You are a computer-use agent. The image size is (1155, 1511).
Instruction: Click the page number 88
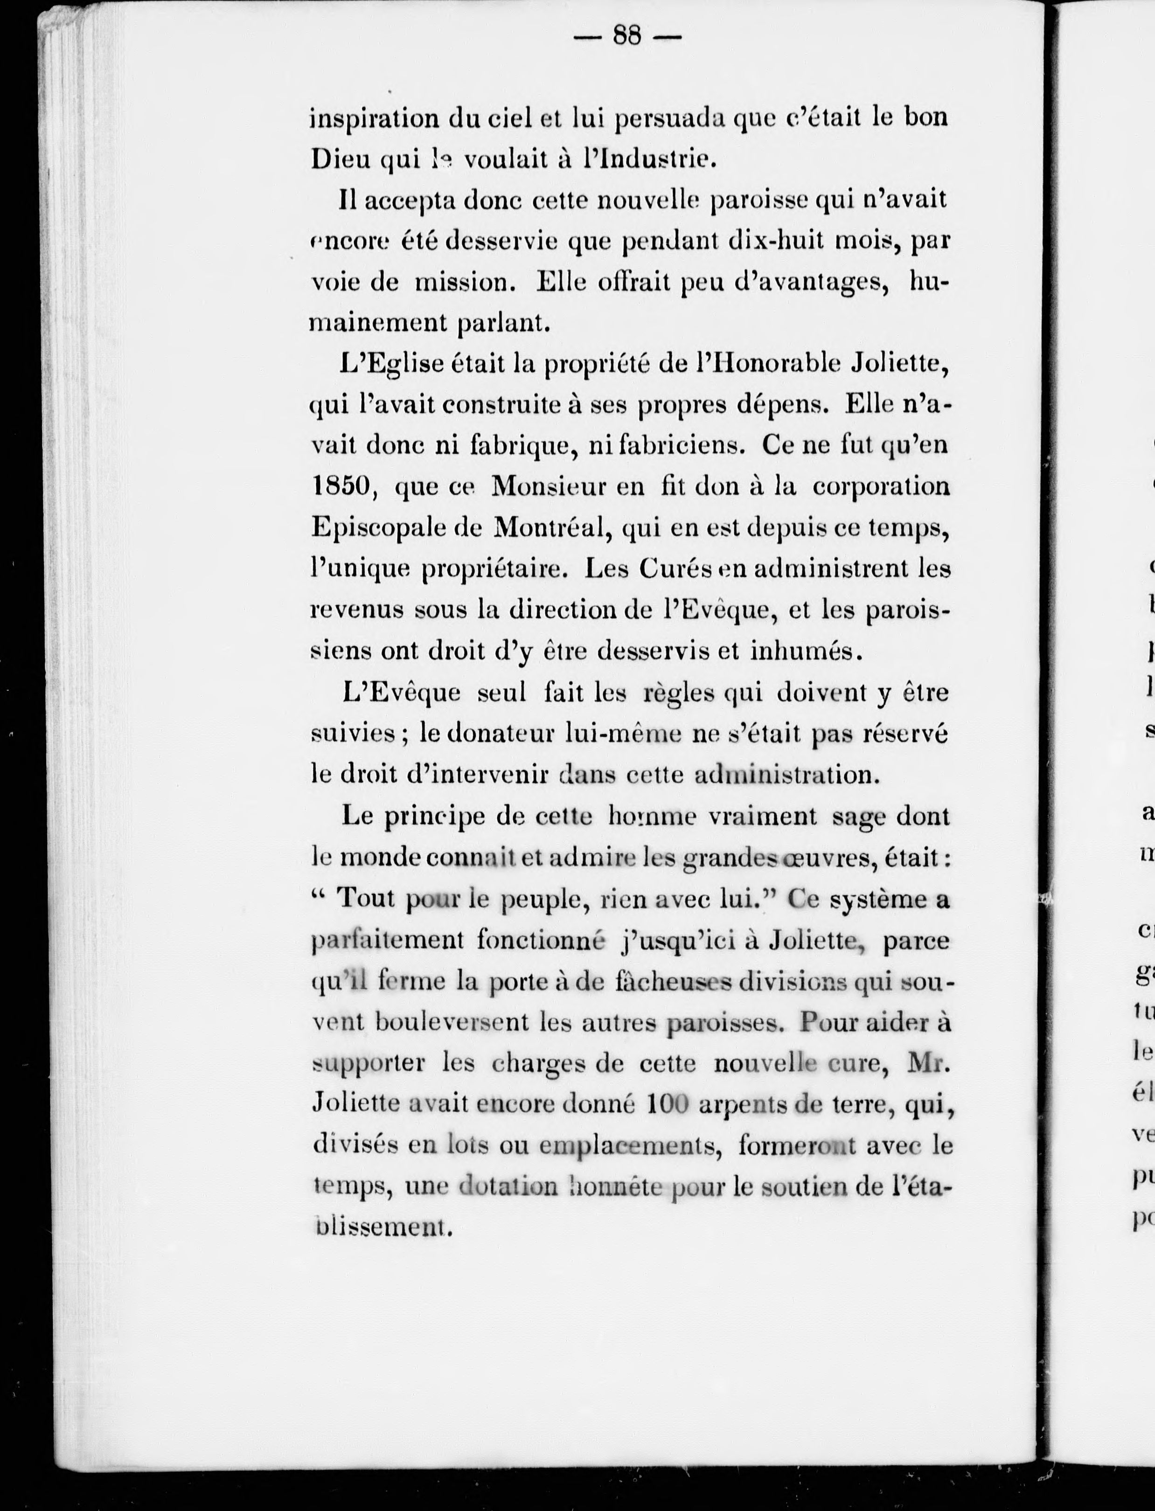click(626, 35)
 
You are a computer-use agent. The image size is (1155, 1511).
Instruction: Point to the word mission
click(467, 283)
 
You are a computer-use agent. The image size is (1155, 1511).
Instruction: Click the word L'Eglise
click(392, 364)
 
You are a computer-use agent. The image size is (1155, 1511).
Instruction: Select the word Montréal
click(550, 528)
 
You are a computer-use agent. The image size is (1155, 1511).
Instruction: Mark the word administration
click(786, 775)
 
